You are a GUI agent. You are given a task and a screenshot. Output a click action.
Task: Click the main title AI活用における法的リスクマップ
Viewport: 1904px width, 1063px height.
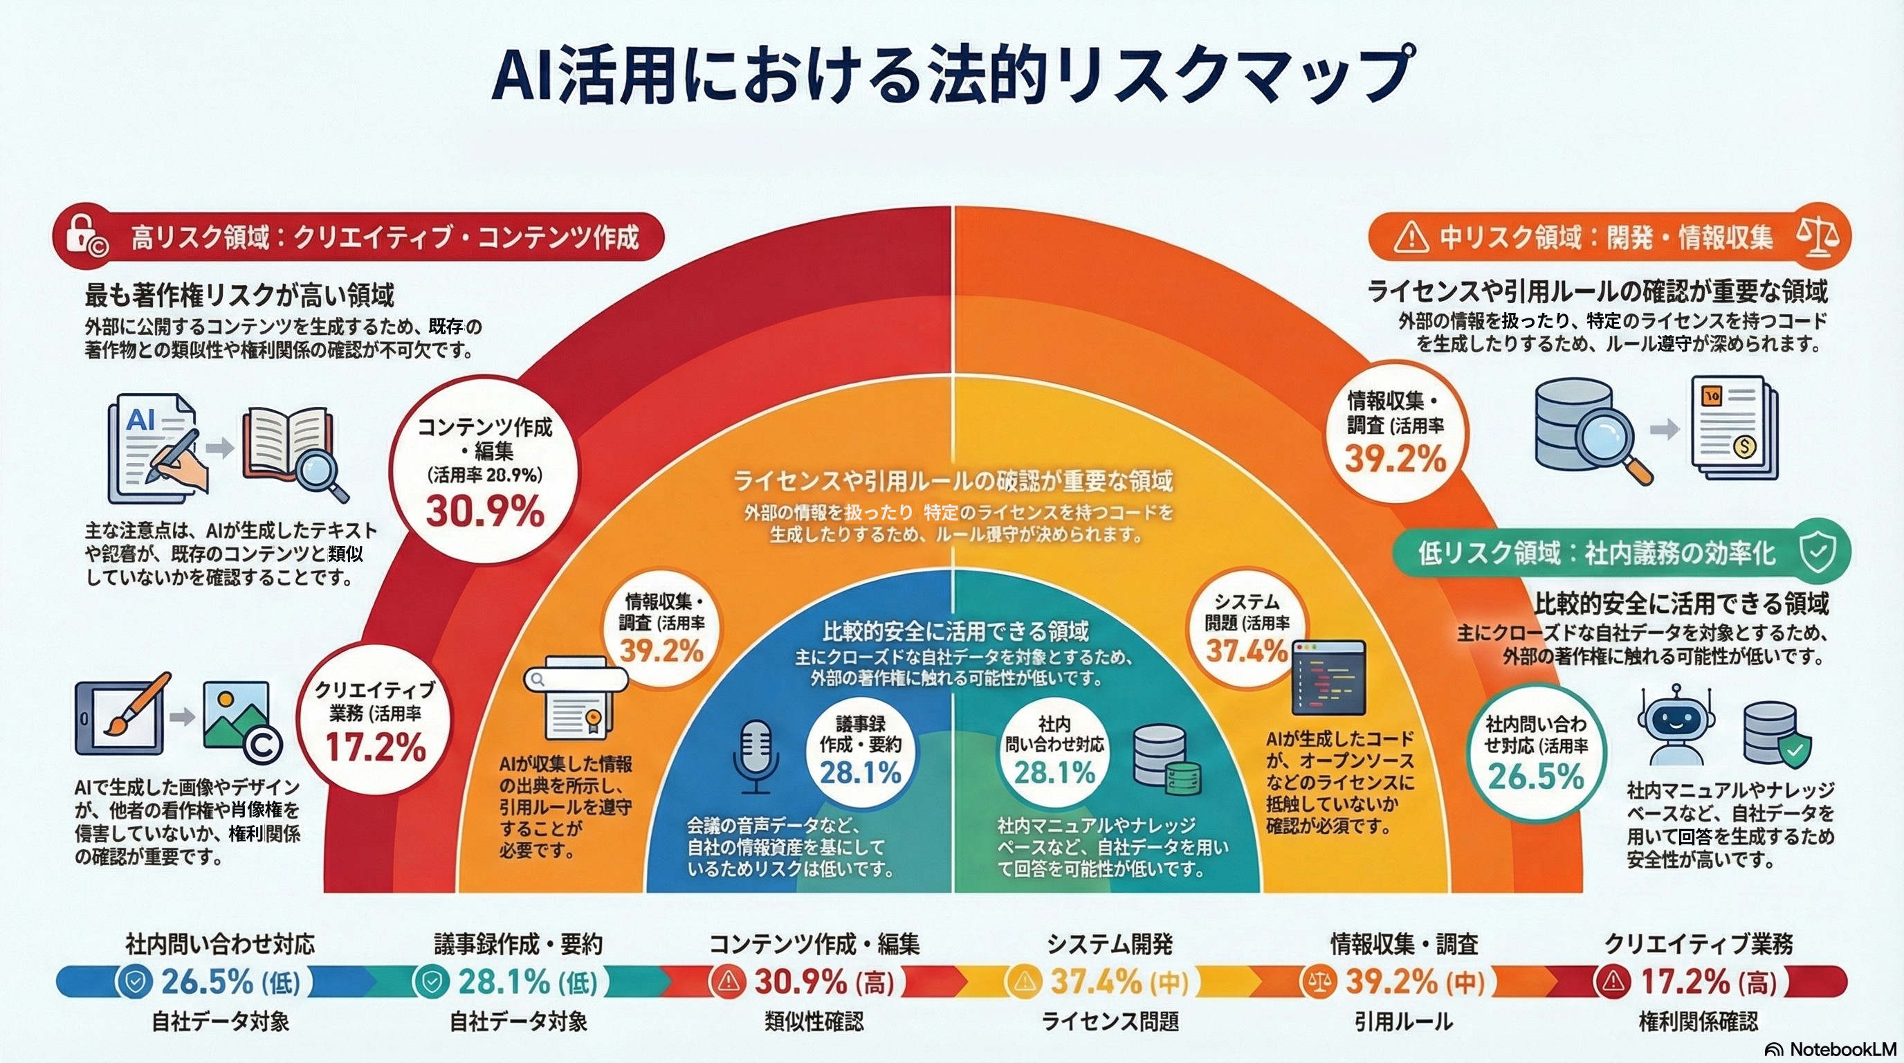[x=952, y=76]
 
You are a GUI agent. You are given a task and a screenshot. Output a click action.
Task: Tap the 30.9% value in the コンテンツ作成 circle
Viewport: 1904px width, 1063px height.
[x=484, y=511]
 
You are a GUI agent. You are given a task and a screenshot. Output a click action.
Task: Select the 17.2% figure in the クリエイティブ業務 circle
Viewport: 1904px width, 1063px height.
[x=376, y=747]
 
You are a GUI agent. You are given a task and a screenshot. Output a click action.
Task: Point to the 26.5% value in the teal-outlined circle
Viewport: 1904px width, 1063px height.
[x=1536, y=776]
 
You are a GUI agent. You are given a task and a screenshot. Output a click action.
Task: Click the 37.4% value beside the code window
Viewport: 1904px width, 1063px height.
[x=1246, y=651]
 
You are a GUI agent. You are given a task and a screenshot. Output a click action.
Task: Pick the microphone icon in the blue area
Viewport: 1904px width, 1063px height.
[x=756, y=761]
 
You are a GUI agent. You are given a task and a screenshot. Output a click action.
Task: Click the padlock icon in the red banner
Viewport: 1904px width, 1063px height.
[x=86, y=237]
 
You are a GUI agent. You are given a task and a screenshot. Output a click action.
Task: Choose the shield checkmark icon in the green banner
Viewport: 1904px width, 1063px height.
[x=1818, y=553]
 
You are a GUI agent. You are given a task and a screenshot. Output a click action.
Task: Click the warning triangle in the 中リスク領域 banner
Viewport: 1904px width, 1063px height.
[x=1410, y=238]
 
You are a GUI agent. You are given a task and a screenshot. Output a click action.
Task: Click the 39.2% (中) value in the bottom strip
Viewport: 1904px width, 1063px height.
[x=1413, y=983]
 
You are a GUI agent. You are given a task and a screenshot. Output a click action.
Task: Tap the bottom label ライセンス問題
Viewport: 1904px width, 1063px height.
[x=1110, y=1022]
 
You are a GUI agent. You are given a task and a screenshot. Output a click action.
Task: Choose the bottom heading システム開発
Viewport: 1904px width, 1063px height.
[x=1110, y=944]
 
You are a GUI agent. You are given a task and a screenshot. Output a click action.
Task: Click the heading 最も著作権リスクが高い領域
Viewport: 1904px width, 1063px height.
[x=239, y=295]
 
